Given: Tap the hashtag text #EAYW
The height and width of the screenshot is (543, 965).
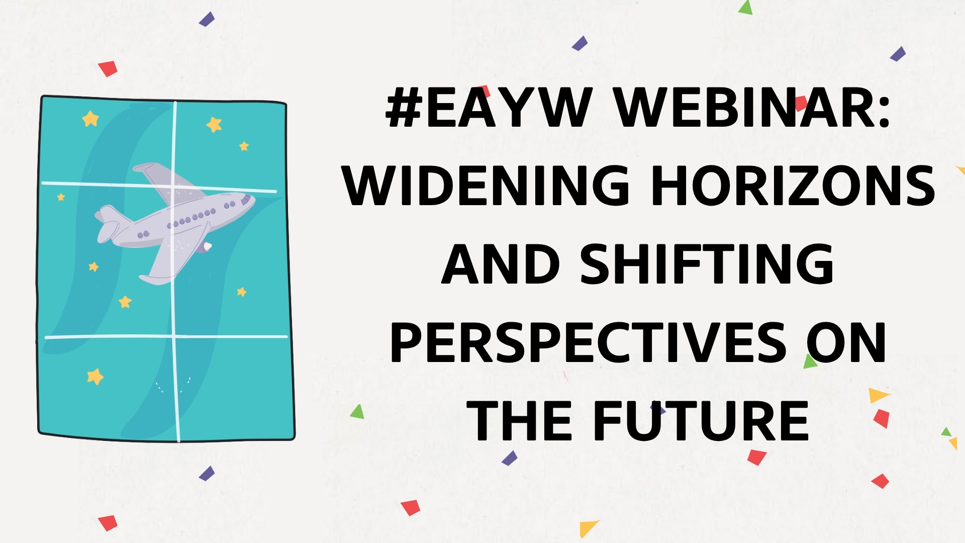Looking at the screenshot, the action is point(488,107).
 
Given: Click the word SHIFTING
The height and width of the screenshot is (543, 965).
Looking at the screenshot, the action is point(707,263).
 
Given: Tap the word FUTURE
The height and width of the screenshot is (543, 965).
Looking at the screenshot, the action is point(702,421).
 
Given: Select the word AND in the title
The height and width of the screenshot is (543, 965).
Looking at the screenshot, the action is point(501,263).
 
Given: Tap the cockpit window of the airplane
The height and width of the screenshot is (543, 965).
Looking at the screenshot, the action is point(246,200).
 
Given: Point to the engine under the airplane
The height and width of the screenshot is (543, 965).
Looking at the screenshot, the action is point(205,246).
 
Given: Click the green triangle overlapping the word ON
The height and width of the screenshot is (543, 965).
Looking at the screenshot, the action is point(810,361).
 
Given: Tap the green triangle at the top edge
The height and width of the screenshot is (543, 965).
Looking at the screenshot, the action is point(746,8).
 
